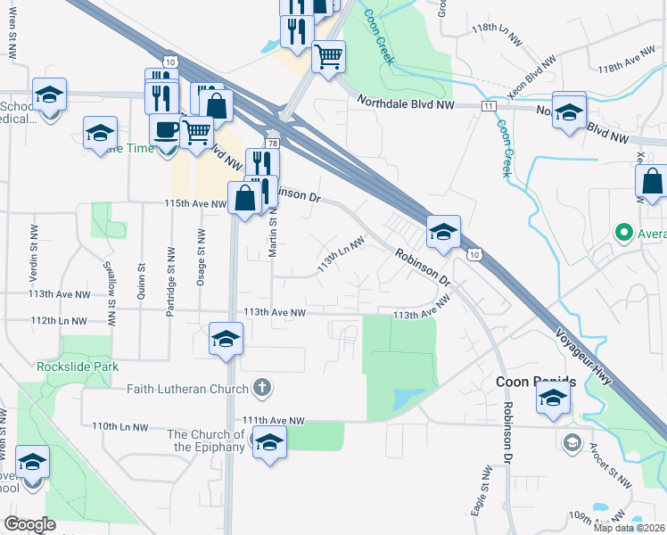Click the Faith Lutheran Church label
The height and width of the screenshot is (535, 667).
(187, 388)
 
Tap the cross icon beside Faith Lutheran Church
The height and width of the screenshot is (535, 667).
(261, 387)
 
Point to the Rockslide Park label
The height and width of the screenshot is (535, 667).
(78, 366)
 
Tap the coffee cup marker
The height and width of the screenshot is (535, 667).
(165, 130)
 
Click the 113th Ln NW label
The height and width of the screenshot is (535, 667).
(342, 255)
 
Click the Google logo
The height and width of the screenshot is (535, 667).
(30, 524)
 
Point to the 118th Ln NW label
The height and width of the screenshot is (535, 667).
(496, 29)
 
